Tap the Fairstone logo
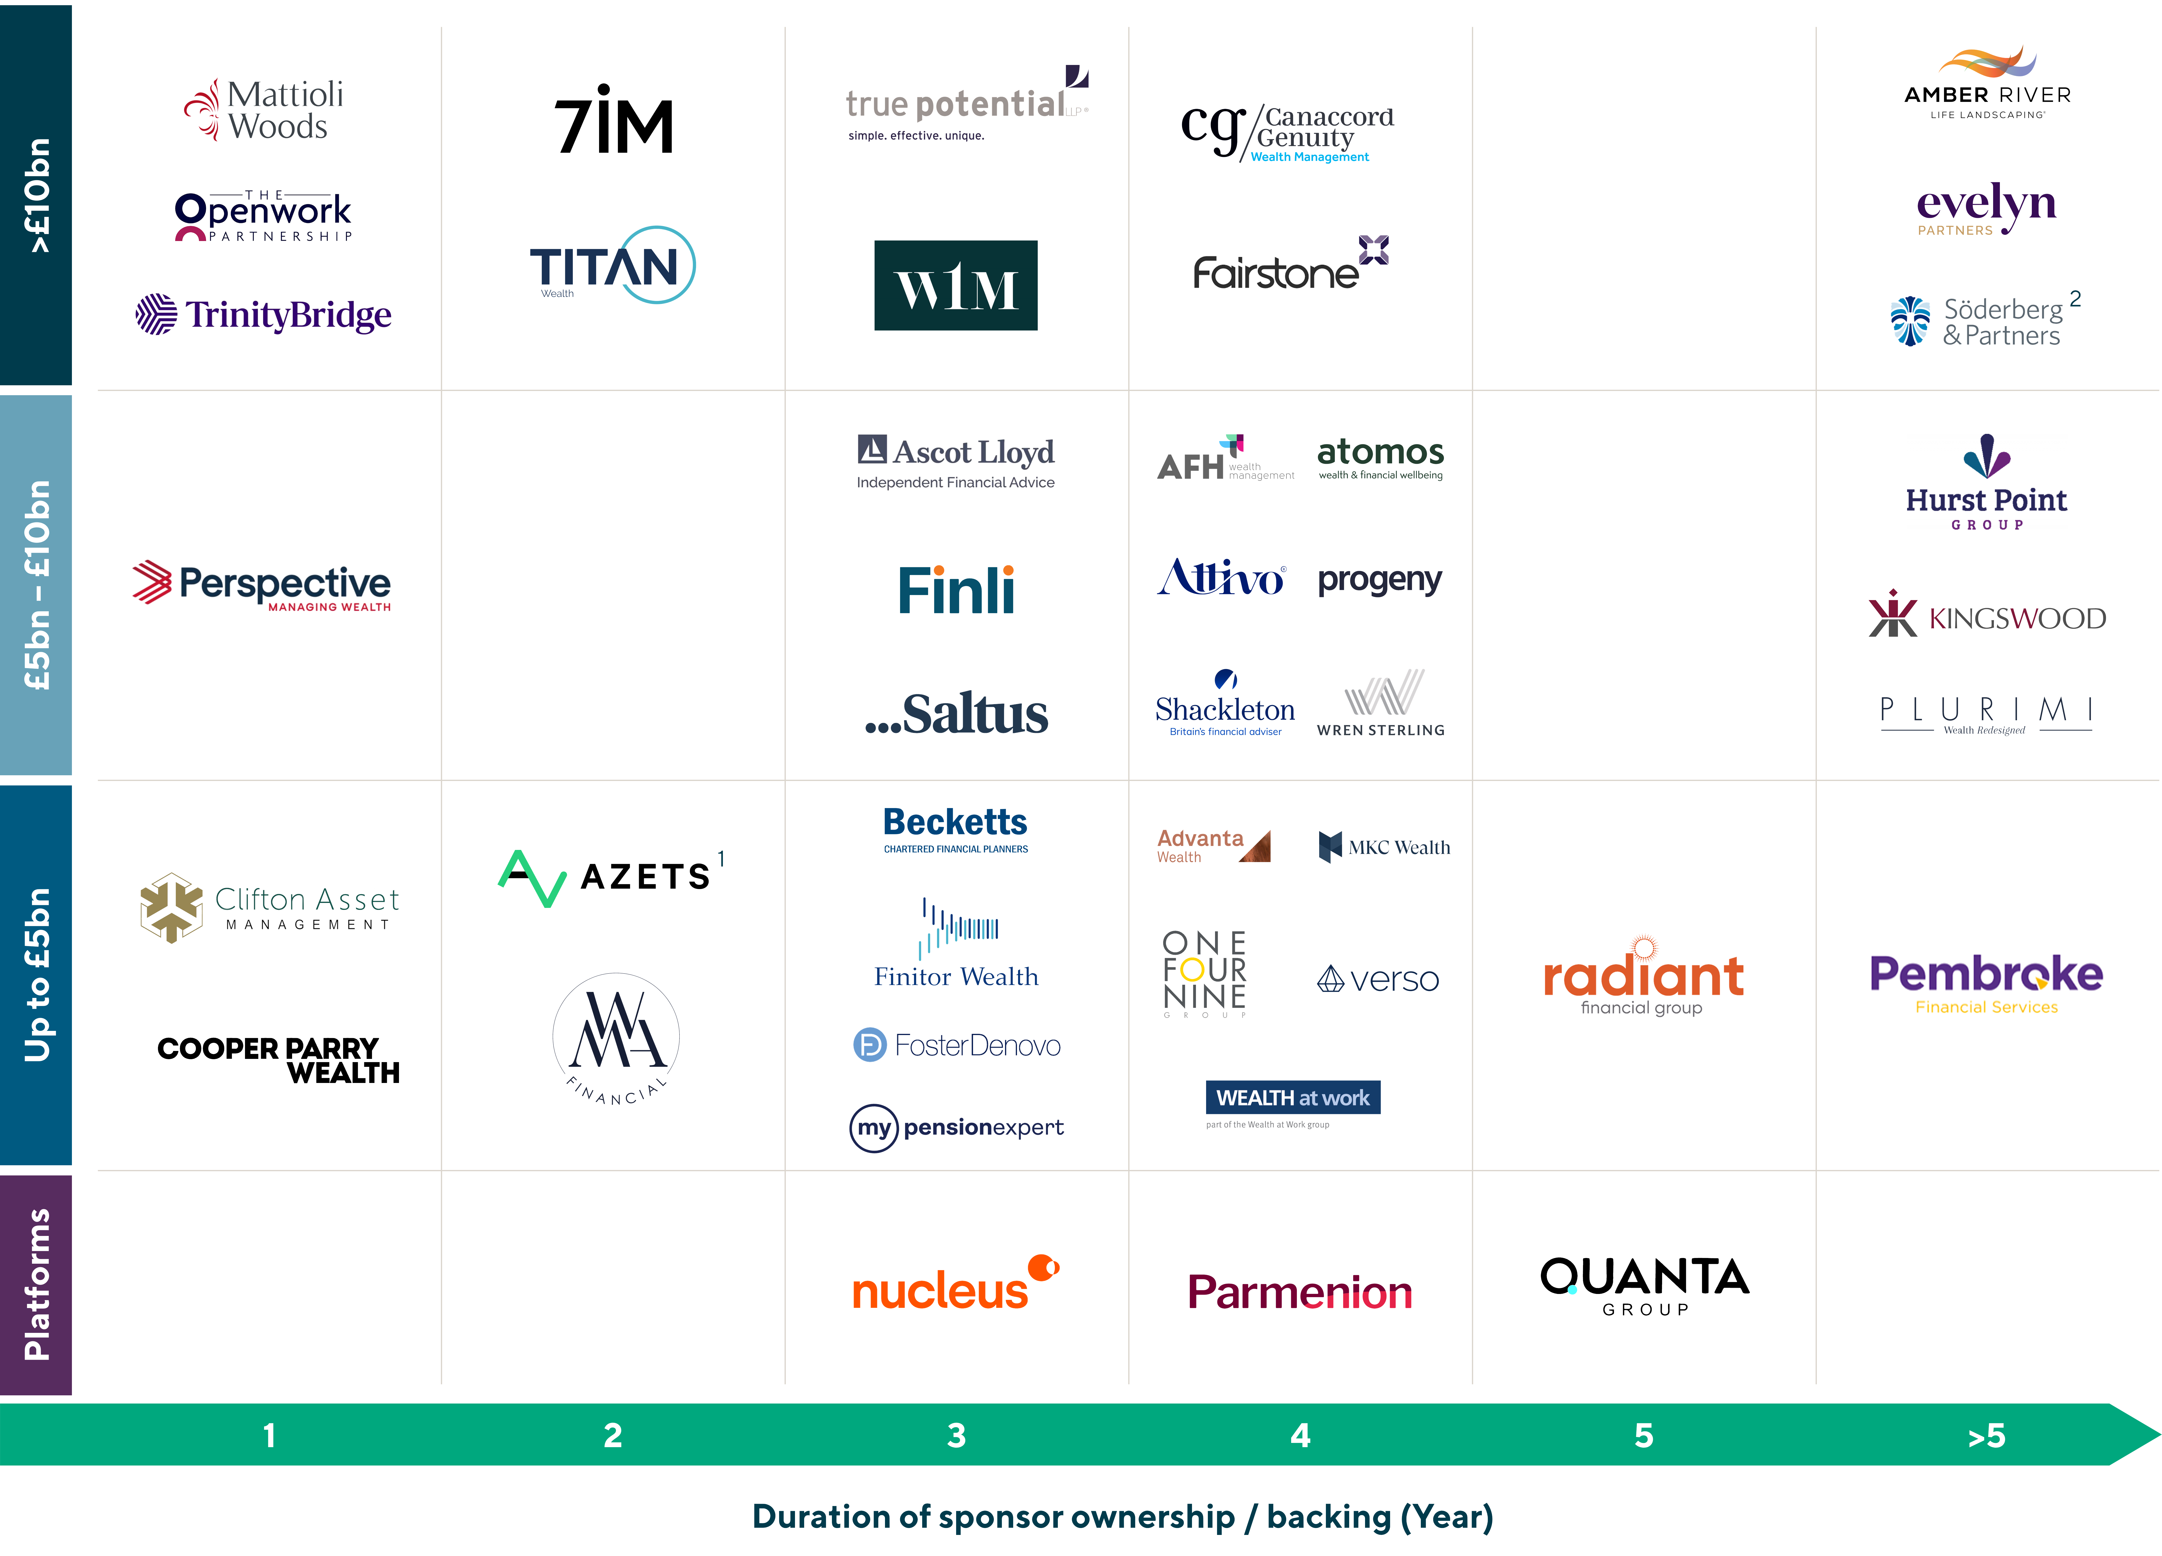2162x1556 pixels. click(1291, 264)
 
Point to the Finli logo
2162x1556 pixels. click(956, 590)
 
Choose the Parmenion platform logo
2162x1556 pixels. click(1299, 1292)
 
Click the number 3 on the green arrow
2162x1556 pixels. click(956, 1435)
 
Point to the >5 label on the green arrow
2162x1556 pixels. click(1987, 1435)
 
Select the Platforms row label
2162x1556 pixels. click(36, 1285)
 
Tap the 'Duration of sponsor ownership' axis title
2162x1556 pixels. click(1122, 1516)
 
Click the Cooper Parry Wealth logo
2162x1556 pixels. click(278, 1060)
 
